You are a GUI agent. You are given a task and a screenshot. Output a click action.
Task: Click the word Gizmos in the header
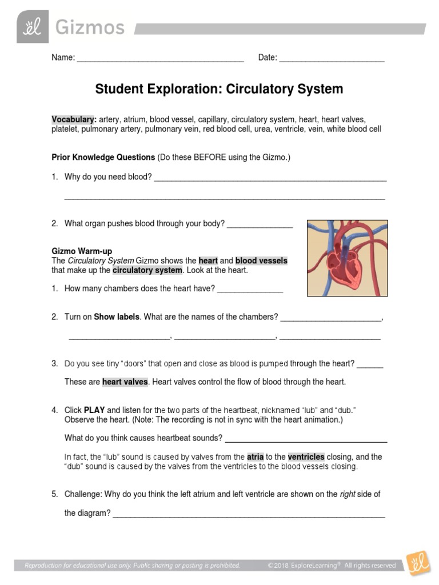click(89, 27)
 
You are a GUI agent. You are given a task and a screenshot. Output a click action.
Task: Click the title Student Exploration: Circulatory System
click(219, 89)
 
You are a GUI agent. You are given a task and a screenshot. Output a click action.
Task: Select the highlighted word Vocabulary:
click(74, 119)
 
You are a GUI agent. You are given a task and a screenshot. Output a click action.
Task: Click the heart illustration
click(347, 258)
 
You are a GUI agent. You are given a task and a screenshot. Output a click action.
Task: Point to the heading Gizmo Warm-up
click(82, 251)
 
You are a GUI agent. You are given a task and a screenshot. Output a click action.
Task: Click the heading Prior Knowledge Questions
click(103, 157)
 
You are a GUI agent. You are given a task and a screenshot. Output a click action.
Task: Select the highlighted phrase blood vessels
click(261, 261)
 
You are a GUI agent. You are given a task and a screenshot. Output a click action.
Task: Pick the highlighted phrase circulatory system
click(147, 270)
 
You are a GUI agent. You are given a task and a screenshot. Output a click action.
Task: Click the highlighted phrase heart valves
click(125, 382)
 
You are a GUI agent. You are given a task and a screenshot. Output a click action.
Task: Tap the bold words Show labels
click(117, 316)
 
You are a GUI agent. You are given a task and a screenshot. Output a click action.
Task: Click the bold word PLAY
click(94, 410)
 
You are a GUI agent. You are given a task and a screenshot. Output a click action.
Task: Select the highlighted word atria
click(255, 457)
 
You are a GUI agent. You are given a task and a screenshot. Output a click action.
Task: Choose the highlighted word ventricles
click(306, 457)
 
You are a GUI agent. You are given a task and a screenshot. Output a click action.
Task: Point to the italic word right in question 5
click(348, 494)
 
